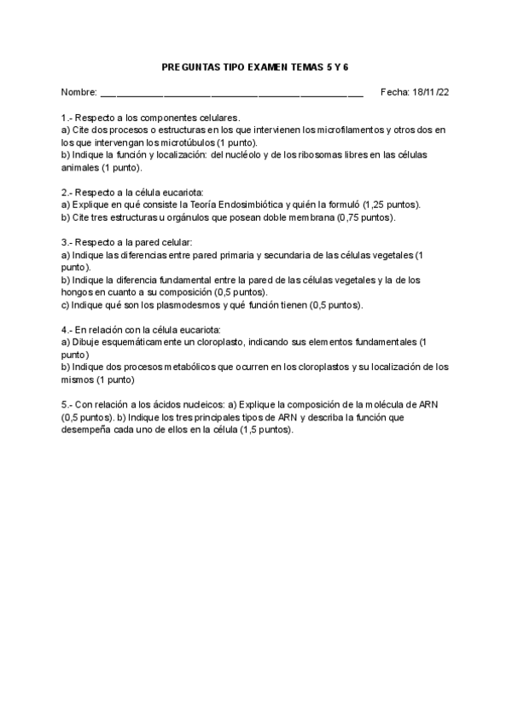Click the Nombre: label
point(79,91)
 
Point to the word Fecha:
point(394,91)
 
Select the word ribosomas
point(314,155)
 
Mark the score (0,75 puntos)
point(365,217)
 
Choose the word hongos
point(77,292)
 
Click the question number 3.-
point(67,243)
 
